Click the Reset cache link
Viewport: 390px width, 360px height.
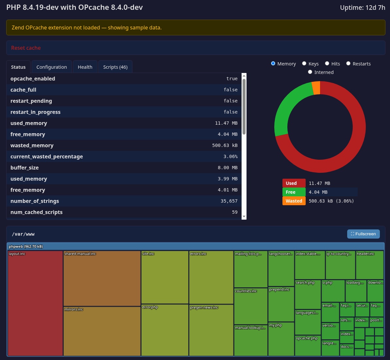(x=26, y=48)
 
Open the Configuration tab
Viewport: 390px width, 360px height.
(x=52, y=67)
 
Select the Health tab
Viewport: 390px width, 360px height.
(x=85, y=67)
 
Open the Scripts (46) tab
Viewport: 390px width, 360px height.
(x=115, y=67)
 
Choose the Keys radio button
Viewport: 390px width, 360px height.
(x=304, y=63)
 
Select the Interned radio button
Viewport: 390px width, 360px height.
(x=310, y=72)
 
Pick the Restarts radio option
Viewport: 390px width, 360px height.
(x=348, y=63)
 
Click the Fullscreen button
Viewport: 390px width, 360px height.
(x=363, y=234)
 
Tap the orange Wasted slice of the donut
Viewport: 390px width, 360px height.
(x=316, y=88)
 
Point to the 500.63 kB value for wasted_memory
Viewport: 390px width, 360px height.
(x=225, y=145)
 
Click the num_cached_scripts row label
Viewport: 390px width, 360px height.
(x=36, y=212)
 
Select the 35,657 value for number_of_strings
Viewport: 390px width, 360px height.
(x=229, y=201)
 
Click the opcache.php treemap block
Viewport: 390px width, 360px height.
(x=308, y=346)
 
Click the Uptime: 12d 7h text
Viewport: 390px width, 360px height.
(x=363, y=8)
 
